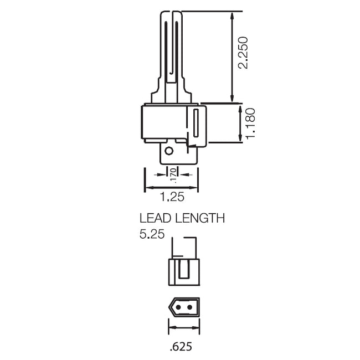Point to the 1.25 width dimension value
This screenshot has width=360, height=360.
pos(171,197)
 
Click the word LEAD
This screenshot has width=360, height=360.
pos(155,218)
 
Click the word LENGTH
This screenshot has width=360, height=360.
pos(199,218)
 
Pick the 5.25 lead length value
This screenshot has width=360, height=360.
pos(152,234)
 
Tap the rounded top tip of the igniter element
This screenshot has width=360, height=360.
pos(171,12)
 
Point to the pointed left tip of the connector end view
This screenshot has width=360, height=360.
pos(168,306)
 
